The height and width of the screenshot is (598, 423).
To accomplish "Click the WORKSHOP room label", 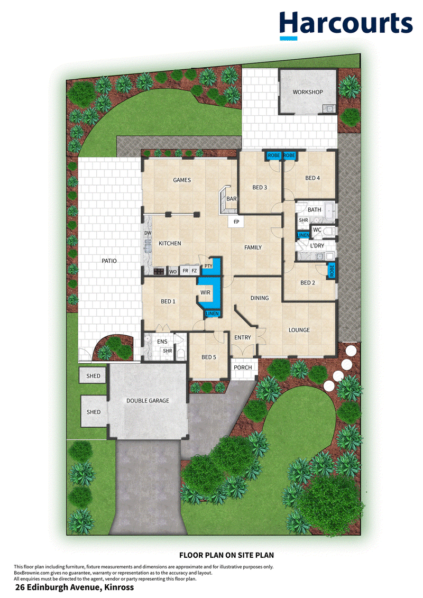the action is pyautogui.click(x=307, y=92).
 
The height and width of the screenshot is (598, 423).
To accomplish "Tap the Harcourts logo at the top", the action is pyautogui.click(x=346, y=25).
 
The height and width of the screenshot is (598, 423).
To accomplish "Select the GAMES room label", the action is pyautogui.click(x=181, y=180).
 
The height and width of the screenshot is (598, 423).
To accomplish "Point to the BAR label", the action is pyautogui.click(x=231, y=199).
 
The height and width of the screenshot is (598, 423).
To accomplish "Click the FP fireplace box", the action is pyautogui.click(x=236, y=222).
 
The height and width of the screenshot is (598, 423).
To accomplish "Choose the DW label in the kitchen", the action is pyautogui.click(x=148, y=233).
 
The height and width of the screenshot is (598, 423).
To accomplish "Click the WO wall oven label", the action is pyautogui.click(x=173, y=272).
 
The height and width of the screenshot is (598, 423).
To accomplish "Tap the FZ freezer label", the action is pyautogui.click(x=194, y=271).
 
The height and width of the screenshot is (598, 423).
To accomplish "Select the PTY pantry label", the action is pyautogui.click(x=208, y=266).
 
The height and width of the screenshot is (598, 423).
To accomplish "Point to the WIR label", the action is pyautogui.click(x=205, y=292).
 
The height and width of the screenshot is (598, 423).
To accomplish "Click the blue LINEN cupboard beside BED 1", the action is pyautogui.click(x=212, y=314).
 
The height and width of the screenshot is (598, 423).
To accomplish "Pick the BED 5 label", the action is pyautogui.click(x=209, y=357).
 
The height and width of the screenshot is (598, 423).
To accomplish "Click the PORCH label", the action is pyautogui.click(x=243, y=367).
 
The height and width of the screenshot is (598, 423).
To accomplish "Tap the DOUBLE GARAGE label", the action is pyautogui.click(x=148, y=400).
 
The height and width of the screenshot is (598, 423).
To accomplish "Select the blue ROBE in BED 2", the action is pyautogui.click(x=332, y=271).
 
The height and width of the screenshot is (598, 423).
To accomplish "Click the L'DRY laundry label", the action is pyautogui.click(x=317, y=246).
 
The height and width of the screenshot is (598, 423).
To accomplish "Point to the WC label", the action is pyautogui.click(x=317, y=230).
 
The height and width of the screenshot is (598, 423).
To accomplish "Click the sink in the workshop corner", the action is pyautogui.click(x=329, y=109).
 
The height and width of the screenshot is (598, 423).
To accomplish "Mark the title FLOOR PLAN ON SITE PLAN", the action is pyautogui.click(x=226, y=555).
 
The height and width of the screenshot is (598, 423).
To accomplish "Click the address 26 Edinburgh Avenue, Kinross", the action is pyautogui.click(x=75, y=587).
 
